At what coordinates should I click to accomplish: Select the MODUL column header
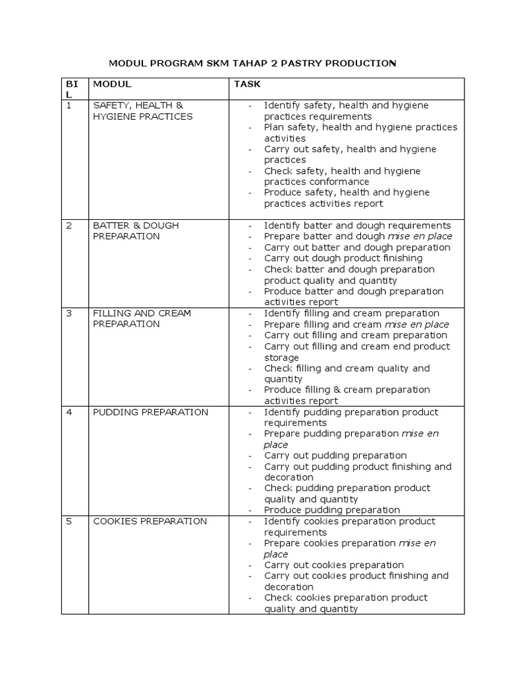tap(112, 84)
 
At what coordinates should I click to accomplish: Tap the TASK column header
tap(247, 84)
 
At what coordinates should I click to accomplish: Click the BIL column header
tap(71, 90)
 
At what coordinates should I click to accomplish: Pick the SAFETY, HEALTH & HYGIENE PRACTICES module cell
tap(143, 111)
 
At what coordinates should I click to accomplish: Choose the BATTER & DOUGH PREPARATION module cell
tap(136, 230)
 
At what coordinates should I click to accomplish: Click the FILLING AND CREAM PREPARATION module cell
tap(142, 319)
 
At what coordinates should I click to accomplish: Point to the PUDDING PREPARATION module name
tap(150, 412)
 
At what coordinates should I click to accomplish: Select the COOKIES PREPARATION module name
tap(150, 521)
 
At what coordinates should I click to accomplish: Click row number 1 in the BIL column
tap(69, 105)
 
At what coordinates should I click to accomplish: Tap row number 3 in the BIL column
tap(69, 313)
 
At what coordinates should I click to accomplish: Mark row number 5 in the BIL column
tap(69, 521)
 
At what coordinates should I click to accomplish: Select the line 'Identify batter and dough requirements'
tap(357, 226)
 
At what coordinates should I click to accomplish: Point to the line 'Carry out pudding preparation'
tap(335, 455)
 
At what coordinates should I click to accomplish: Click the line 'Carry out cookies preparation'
tap(334, 565)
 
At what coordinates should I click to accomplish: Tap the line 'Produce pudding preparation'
tap(332, 510)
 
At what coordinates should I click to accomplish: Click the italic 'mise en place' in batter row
tap(420, 236)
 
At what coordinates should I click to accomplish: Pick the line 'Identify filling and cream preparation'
tap(352, 313)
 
